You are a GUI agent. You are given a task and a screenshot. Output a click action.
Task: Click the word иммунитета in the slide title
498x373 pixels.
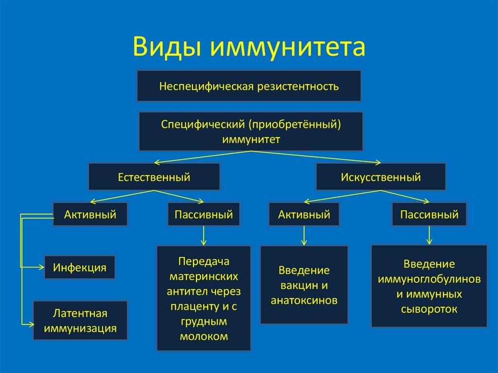(x=287, y=47)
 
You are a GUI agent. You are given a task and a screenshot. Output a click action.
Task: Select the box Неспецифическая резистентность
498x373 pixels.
(x=249, y=86)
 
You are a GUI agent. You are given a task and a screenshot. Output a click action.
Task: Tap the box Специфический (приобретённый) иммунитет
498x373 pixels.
(x=250, y=131)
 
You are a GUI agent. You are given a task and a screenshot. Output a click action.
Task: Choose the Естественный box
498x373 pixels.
(x=154, y=177)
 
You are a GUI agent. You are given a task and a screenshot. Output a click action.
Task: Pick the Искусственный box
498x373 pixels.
(x=381, y=177)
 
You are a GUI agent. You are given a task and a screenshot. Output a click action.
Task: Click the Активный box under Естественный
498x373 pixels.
(x=90, y=214)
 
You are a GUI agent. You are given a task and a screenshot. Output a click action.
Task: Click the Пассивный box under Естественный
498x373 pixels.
(x=203, y=214)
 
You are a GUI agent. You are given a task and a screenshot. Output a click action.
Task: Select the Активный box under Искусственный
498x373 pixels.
(x=304, y=214)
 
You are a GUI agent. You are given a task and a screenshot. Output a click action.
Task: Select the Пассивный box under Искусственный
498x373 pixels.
(x=429, y=214)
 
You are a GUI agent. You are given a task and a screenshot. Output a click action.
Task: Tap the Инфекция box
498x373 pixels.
(x=80, y=267)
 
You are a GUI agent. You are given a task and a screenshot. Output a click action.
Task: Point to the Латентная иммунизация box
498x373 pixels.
(x=80, y=320)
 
